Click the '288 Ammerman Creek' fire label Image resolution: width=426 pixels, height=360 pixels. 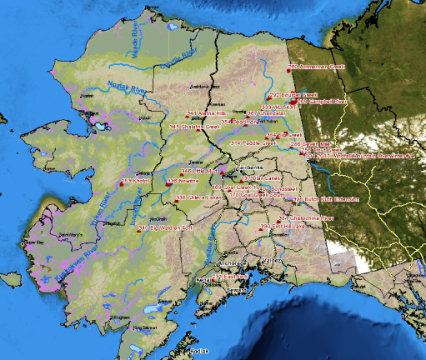point(317,66)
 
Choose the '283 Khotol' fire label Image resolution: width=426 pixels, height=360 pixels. point(136,180)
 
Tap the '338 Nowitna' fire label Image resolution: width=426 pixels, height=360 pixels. point(183,181)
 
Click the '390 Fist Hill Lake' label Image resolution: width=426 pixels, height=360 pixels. point(282,227)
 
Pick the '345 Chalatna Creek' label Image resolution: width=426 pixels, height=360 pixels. point(195,127)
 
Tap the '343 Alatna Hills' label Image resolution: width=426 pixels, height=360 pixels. point(208,112)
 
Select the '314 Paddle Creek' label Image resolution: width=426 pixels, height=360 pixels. point(247,142)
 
